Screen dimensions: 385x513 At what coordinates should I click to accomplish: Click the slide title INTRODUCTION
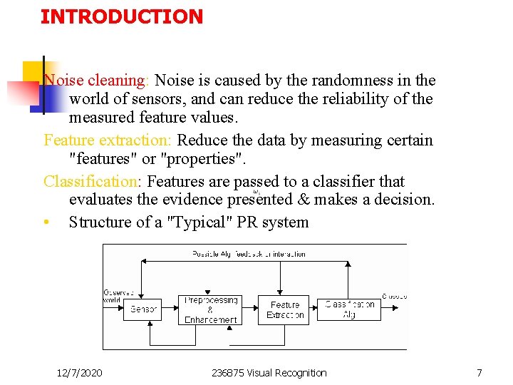pyautogui.click(x=122, y=16)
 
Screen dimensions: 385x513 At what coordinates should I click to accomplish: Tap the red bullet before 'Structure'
pyautogui.click(x=46, y=222)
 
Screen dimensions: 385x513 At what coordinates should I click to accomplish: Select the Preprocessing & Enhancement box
pyautogui.click(x=210, y=310)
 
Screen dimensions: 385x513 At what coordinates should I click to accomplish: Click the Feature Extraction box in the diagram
pyautogui.click(x=284, y=309)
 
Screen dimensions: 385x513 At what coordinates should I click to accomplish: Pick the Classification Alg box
pyautogui.click(x=350, y=309)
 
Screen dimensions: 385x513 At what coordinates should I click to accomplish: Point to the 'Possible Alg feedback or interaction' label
pyautogui.click(x=249, y=254)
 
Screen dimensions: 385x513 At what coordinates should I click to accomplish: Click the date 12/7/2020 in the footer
pyautogui.click(x=79, y=373)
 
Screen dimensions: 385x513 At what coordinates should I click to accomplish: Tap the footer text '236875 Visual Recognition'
pyautogui.click(x=269, y=373)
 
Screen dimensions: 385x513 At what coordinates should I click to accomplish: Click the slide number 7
pyautogui.click(x=480, y=373)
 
